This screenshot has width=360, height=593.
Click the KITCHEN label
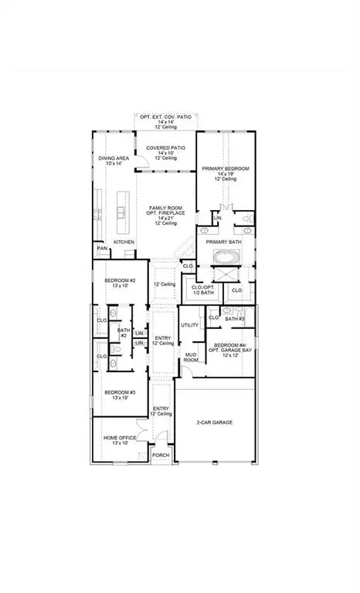pos(124,242)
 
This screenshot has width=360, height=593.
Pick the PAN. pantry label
pos(101,249)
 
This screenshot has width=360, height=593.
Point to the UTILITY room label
pos(189,325)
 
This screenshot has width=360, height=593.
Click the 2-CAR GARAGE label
pos(215,422)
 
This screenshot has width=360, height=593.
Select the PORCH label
pos(160,456)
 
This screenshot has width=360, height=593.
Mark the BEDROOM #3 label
pos(120,392)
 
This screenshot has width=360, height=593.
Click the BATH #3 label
pos(236,318)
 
